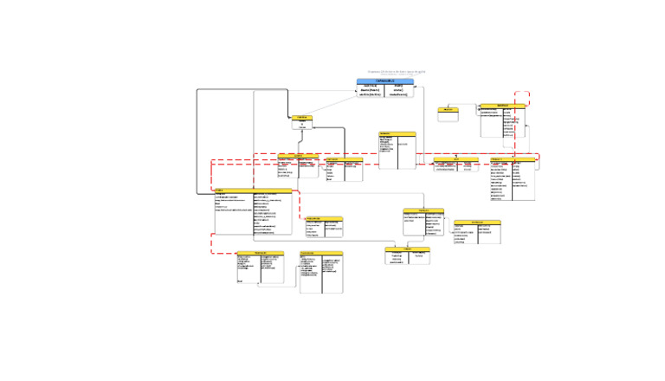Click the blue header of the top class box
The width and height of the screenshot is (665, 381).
(385, 81)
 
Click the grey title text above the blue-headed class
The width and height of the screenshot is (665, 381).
(397, 72)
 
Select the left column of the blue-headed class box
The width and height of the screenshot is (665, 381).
(371, 91)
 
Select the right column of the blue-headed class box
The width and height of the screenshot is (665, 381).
(399, 91)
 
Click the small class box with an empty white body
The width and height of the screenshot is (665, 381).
(448, 115)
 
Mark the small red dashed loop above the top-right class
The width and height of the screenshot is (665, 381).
(521, 98)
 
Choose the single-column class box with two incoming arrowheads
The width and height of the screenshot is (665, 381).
(302, 123)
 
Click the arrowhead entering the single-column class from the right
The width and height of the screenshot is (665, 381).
(313, 127)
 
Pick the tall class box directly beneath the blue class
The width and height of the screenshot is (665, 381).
(397, 151)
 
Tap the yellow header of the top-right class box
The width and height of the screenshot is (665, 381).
(503, 107)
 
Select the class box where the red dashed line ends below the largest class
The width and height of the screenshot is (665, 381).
(260, 268)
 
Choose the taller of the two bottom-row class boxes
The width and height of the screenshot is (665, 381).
(321, 273)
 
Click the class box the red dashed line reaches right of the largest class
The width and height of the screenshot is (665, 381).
(324, 227)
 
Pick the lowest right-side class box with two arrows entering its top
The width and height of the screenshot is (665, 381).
(407, 255)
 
